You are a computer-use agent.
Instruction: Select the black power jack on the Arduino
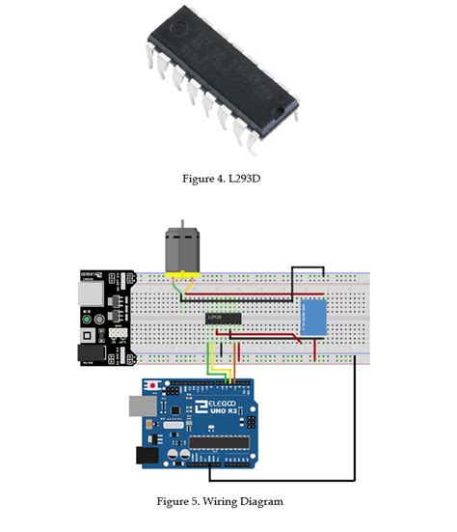pos(148,454)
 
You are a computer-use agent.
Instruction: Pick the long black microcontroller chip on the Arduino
pos(227,443)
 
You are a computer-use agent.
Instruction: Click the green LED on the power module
pos(88,319)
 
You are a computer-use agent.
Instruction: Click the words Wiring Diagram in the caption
pos(253,501)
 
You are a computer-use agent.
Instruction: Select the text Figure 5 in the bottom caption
pos(178,501)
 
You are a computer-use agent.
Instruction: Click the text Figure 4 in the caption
pos(204,179)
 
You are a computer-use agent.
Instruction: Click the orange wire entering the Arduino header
pos(221,372)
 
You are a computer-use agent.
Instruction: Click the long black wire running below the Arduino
pos(289,478)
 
